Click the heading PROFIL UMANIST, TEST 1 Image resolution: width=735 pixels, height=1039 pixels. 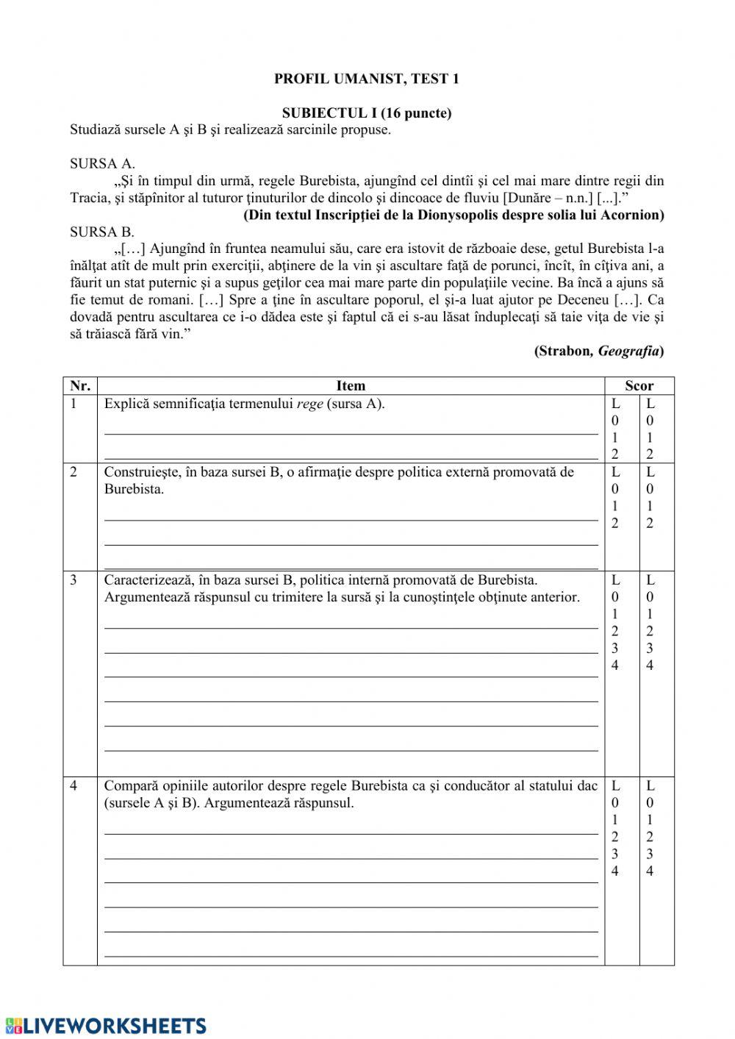pos(366,79)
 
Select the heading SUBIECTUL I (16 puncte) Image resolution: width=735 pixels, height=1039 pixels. pos(366,113)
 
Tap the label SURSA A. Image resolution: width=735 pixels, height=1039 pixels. pos(102,164)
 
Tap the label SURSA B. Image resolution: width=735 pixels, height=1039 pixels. pos(102,232)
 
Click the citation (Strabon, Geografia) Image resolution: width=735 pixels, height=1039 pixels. pos(599,351)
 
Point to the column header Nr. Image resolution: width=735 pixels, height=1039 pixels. pos(79,386)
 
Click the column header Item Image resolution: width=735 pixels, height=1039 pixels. pos(351,386)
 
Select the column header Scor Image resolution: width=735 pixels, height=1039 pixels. pos(639,386)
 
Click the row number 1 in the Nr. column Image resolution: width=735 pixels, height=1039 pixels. pos(73,404)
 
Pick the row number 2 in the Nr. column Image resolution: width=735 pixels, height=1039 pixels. pos(73,472)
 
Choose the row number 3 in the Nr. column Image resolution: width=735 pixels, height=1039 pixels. pos(73,580)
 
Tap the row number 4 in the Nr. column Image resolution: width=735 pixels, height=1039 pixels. pos(73,786)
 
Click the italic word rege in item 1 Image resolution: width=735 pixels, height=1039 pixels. pos(310,404)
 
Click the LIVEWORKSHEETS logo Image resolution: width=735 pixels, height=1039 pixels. pos(106,1026)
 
